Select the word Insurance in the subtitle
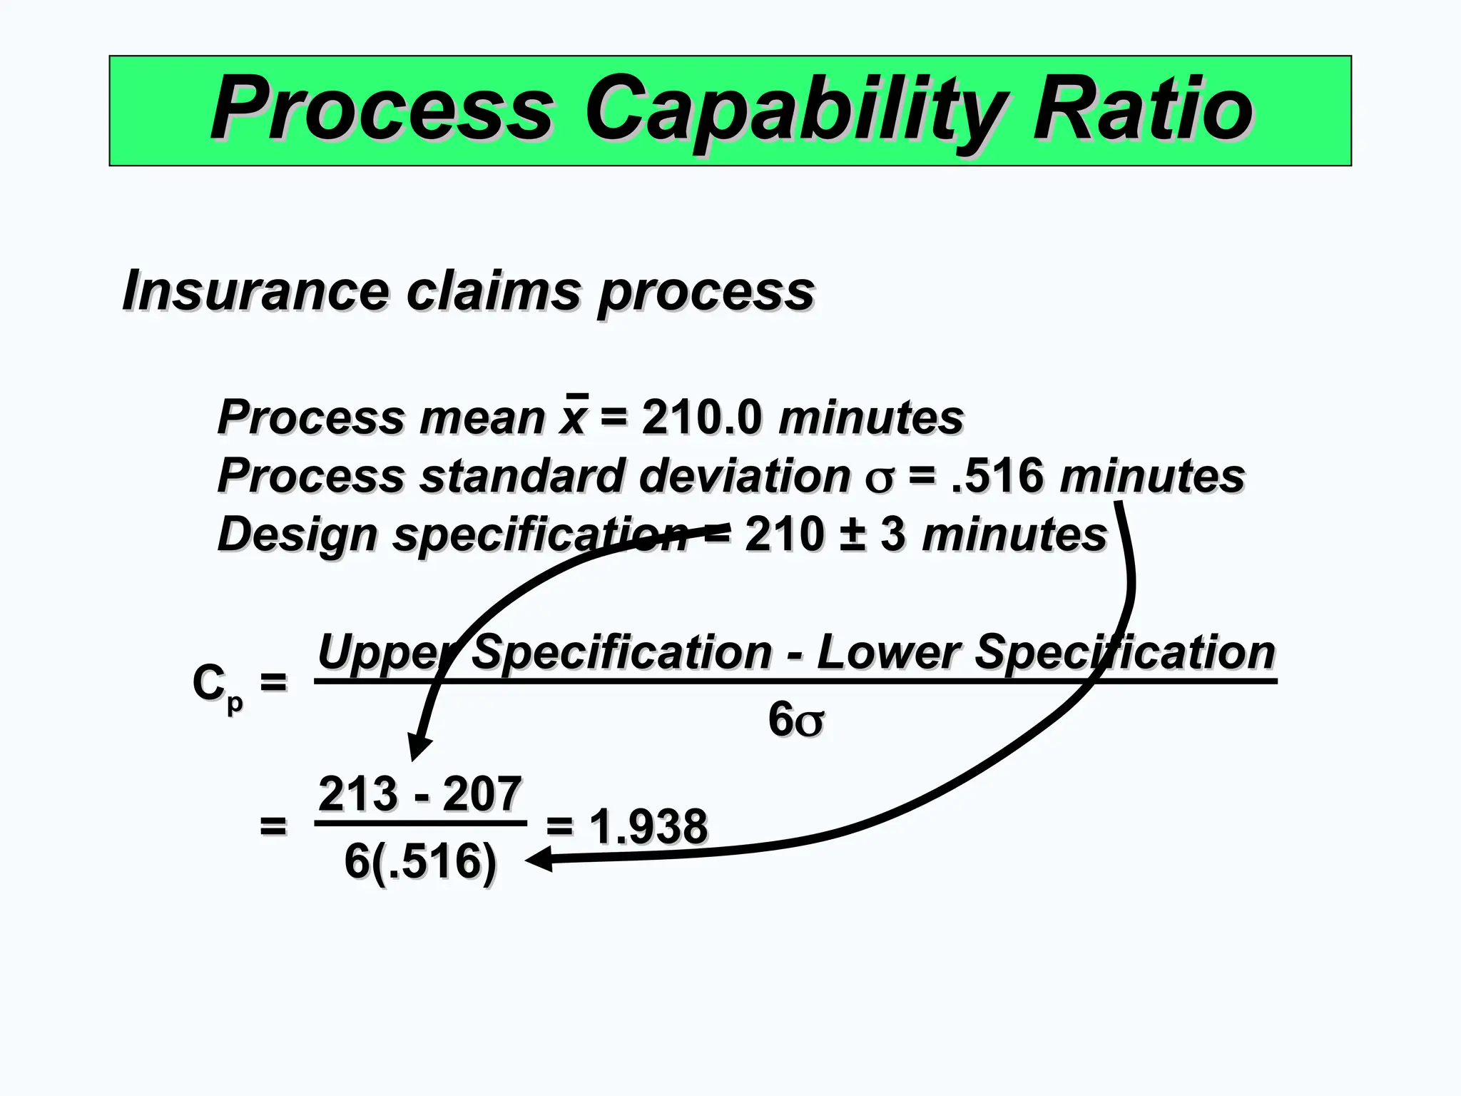pyautogui.click(x=255, y=291)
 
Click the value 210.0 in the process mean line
pyautogui.click(x=701, y=417)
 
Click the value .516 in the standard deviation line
pyautogui.click(x=998, y=476)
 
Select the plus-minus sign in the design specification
pyautogui.click(x=852, y=534)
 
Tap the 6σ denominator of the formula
pyautogui.click(x=796, y=719)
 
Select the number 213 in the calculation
pyautogui.click(x=358, y=794)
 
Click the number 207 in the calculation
pyautogui.click(x=482, y=794)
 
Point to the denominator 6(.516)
pyautogui.click(x=420, y=861)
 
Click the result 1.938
pyautogui.click(x=648, y=827)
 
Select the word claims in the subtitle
pyautogui.click(x=493, y=291)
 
